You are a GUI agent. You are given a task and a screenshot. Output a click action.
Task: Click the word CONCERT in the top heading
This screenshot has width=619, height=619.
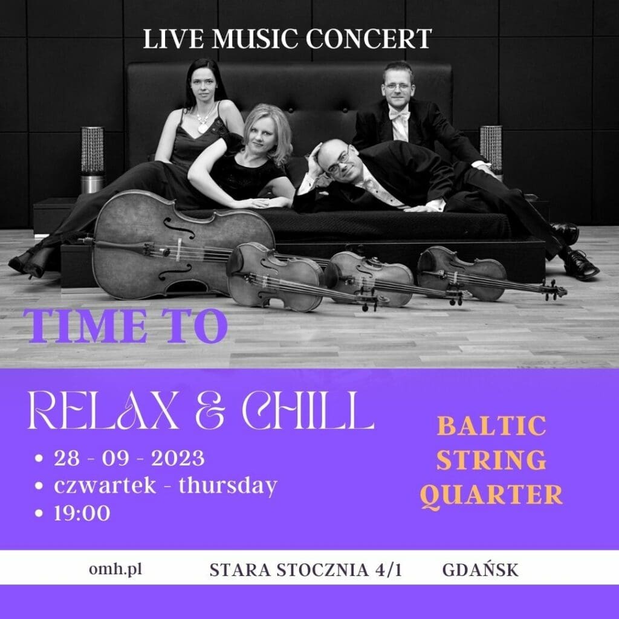pos(369,39)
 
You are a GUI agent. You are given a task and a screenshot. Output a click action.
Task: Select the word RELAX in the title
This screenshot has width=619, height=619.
pos(103,410)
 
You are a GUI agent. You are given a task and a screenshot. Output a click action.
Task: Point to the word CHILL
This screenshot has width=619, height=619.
pos(308,410)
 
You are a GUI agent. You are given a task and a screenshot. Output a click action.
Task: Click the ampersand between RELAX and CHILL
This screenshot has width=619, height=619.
pos(210,411)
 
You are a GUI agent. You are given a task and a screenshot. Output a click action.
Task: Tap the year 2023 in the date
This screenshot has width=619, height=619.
pos(178,458)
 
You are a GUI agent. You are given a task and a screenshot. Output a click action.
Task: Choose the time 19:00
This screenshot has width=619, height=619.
pos(82,513)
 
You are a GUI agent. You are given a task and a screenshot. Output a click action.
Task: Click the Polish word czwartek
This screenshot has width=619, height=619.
pos(105,485)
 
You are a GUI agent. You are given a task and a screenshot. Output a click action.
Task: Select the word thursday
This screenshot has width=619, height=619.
pos(228,486)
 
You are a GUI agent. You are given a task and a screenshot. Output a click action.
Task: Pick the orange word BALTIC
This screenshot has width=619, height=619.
pos(492,426)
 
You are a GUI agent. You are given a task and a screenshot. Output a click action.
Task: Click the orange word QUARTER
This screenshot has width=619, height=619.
pos(491,495)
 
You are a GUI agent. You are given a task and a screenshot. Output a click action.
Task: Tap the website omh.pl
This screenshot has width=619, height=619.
pos(115,570)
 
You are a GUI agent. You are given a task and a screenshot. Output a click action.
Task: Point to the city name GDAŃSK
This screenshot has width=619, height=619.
pos(481,569)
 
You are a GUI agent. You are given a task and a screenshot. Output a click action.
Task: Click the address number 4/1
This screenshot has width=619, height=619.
pos(389,570)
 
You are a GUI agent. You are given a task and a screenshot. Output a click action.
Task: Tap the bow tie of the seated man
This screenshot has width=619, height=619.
pos(400,115)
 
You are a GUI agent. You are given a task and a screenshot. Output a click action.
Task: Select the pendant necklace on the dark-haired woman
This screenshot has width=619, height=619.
pos(203,127)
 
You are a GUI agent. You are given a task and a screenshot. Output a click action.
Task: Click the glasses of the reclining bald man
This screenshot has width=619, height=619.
pos(339,162)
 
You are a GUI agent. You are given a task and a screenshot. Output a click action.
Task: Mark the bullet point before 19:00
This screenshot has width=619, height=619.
pos(39,513)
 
